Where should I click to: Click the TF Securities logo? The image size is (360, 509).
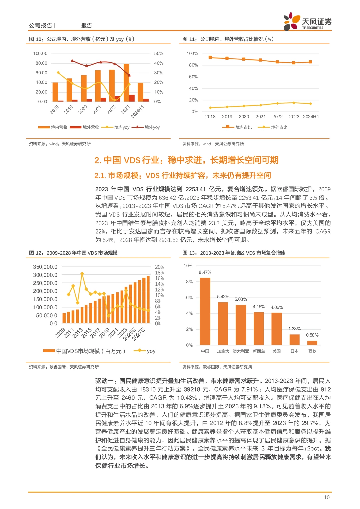pos(307,22)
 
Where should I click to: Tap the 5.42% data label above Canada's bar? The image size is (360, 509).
pos(223,297)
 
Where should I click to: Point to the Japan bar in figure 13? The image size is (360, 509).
pos(294,339)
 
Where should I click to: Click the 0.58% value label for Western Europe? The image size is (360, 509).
pos(312,335)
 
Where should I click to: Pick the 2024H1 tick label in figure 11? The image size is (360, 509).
pos(311,117)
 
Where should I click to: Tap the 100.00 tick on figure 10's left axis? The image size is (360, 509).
pos(40,53)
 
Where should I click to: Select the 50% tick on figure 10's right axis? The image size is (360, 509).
pos(159,53)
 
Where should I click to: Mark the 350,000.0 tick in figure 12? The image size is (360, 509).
pos(45,267)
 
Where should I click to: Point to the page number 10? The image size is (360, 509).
pos(327,497)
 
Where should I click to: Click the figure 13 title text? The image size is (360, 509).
pos(234,253)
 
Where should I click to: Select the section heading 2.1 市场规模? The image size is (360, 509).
pos(183,175)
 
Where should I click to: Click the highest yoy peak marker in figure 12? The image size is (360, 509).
pos(82,274)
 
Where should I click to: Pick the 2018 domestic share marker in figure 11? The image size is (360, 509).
pos(210,57)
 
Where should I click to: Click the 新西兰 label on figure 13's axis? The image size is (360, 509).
pos(259,351)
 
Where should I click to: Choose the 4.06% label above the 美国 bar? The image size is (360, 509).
pos(277,307)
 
